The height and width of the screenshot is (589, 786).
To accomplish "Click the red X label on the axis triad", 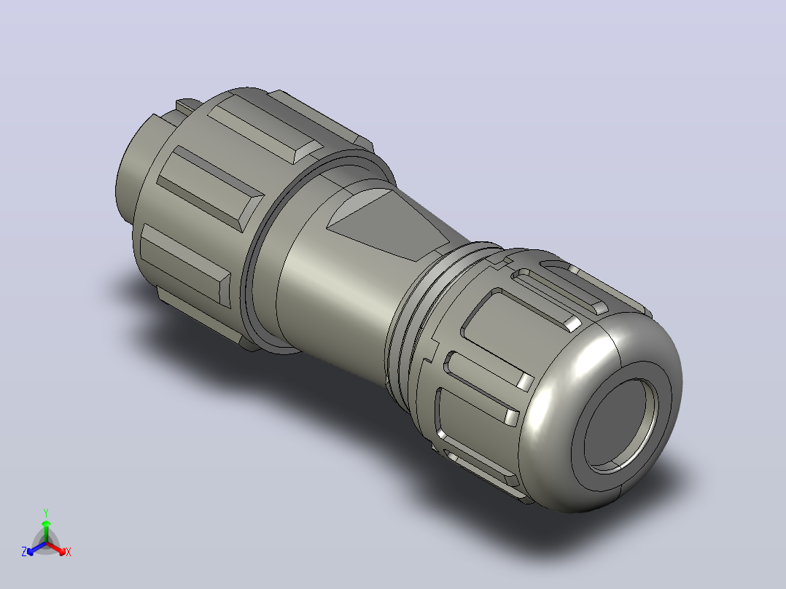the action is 69,552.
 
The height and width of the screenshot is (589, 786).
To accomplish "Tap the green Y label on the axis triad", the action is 46,512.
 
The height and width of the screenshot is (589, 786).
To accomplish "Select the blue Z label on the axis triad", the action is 24,551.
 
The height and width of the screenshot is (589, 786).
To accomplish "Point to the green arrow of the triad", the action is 46,531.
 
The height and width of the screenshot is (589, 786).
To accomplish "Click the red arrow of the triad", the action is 56,547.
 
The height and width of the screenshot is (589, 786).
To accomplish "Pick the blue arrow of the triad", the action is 36,548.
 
